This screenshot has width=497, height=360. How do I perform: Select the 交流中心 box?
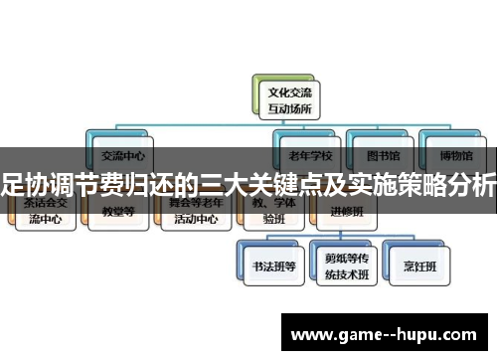coord(122,155)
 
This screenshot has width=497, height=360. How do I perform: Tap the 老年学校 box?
coord(309,155)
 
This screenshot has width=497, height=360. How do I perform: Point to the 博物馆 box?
coord(452,155)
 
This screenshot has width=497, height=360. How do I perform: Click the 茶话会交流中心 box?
coord(45,212)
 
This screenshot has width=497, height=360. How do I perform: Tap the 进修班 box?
coord(347,212)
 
